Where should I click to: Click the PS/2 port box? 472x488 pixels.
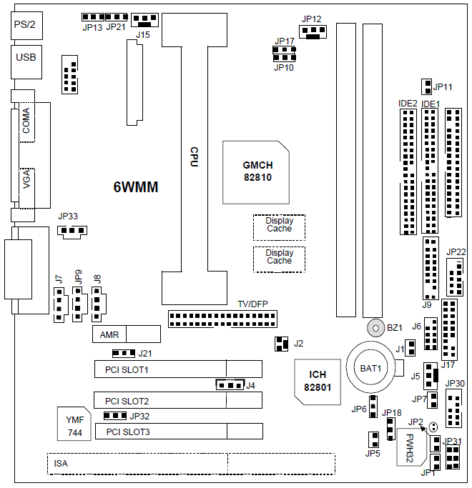point(24,26)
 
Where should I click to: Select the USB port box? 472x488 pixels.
point(25,59)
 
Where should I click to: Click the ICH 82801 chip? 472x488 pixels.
point(318,381)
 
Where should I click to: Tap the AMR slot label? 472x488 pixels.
point(109,334)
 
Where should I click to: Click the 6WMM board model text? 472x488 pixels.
point(136,188)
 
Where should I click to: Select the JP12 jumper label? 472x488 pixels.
point(312,19)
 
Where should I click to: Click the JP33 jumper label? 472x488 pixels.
point(69,216)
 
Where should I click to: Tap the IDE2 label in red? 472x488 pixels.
point(408,104)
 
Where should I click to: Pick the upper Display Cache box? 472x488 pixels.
point(279,225)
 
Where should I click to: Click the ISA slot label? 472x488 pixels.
point(62,464)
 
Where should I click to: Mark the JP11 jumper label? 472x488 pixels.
point(443,87)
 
